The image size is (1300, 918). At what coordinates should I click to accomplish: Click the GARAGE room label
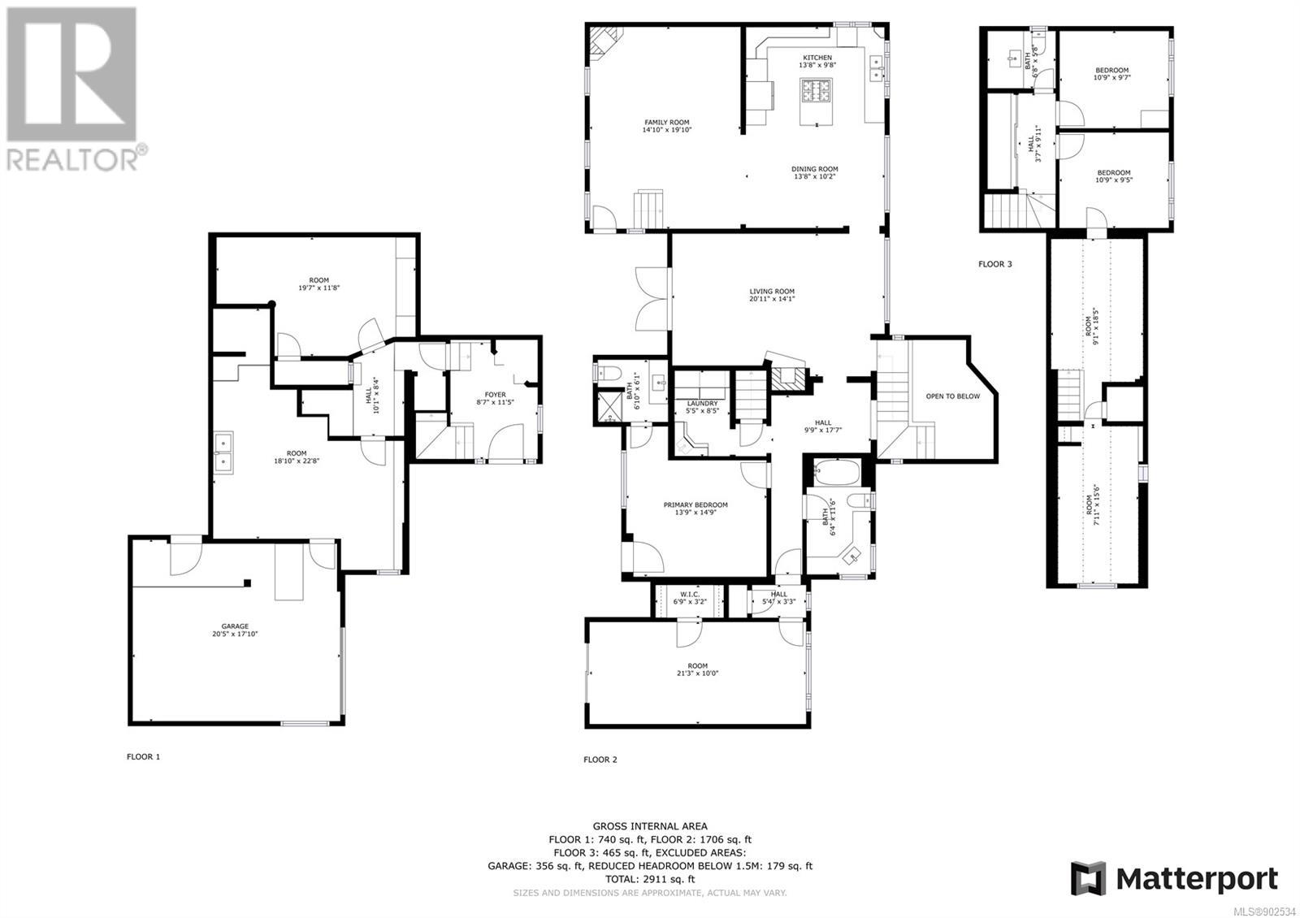click(x=235, y=626)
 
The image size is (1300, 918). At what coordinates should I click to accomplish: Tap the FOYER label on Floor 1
click(x=495, y=395)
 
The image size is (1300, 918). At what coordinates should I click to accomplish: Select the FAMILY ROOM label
click(x=667, y=123)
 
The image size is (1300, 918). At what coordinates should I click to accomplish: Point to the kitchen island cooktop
click(x=816, y=91)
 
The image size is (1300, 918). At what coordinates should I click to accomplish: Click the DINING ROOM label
click(x=815, y=169)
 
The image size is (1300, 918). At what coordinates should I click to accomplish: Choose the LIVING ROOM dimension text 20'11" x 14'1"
click(x=772, y=299)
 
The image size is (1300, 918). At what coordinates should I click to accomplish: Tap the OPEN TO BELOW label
click(x=952, y=396)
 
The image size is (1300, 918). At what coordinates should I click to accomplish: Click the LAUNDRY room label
click(x=702, y=403)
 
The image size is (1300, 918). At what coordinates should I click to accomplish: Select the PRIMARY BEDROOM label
click(x=695, y=504)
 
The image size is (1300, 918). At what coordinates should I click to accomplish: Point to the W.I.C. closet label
click(x=690, y=594)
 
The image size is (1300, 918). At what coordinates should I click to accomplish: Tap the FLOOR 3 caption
click(x=994, y=264)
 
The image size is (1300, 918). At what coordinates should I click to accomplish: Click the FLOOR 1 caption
click(x=143, y=756)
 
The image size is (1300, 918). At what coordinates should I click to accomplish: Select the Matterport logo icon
click(x=1088, y=878)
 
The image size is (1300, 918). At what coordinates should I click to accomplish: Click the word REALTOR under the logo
click(x=72, y=159)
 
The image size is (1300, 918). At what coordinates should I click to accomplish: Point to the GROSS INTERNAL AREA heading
click(x=650, y=826)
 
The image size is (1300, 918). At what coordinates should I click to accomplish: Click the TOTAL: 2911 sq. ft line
click(x=650, y=879)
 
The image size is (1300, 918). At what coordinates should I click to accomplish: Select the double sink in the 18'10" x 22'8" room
click(x=223, y=453)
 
